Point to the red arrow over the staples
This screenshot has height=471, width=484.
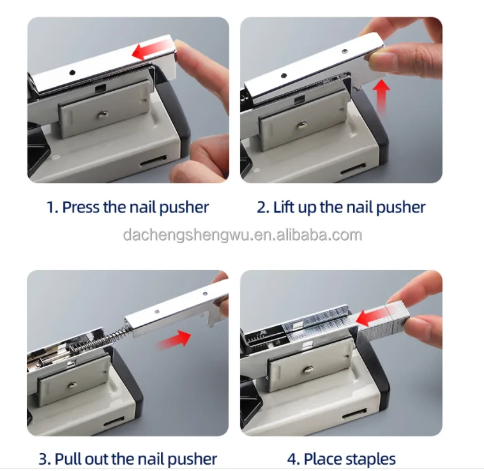pos(372,317)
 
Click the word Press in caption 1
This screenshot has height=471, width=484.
pos(81,207)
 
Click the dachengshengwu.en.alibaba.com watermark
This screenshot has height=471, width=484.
pos(242,235)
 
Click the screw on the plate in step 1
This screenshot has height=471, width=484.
pos(102,114)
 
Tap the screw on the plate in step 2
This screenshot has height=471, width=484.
pos(301,125)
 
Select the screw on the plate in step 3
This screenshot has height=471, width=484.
pos(72,384)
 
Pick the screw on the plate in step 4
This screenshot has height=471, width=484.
pos(307,369)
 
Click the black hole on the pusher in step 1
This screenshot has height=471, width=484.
pos(72,73)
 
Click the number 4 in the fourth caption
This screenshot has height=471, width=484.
pos(292,459)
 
